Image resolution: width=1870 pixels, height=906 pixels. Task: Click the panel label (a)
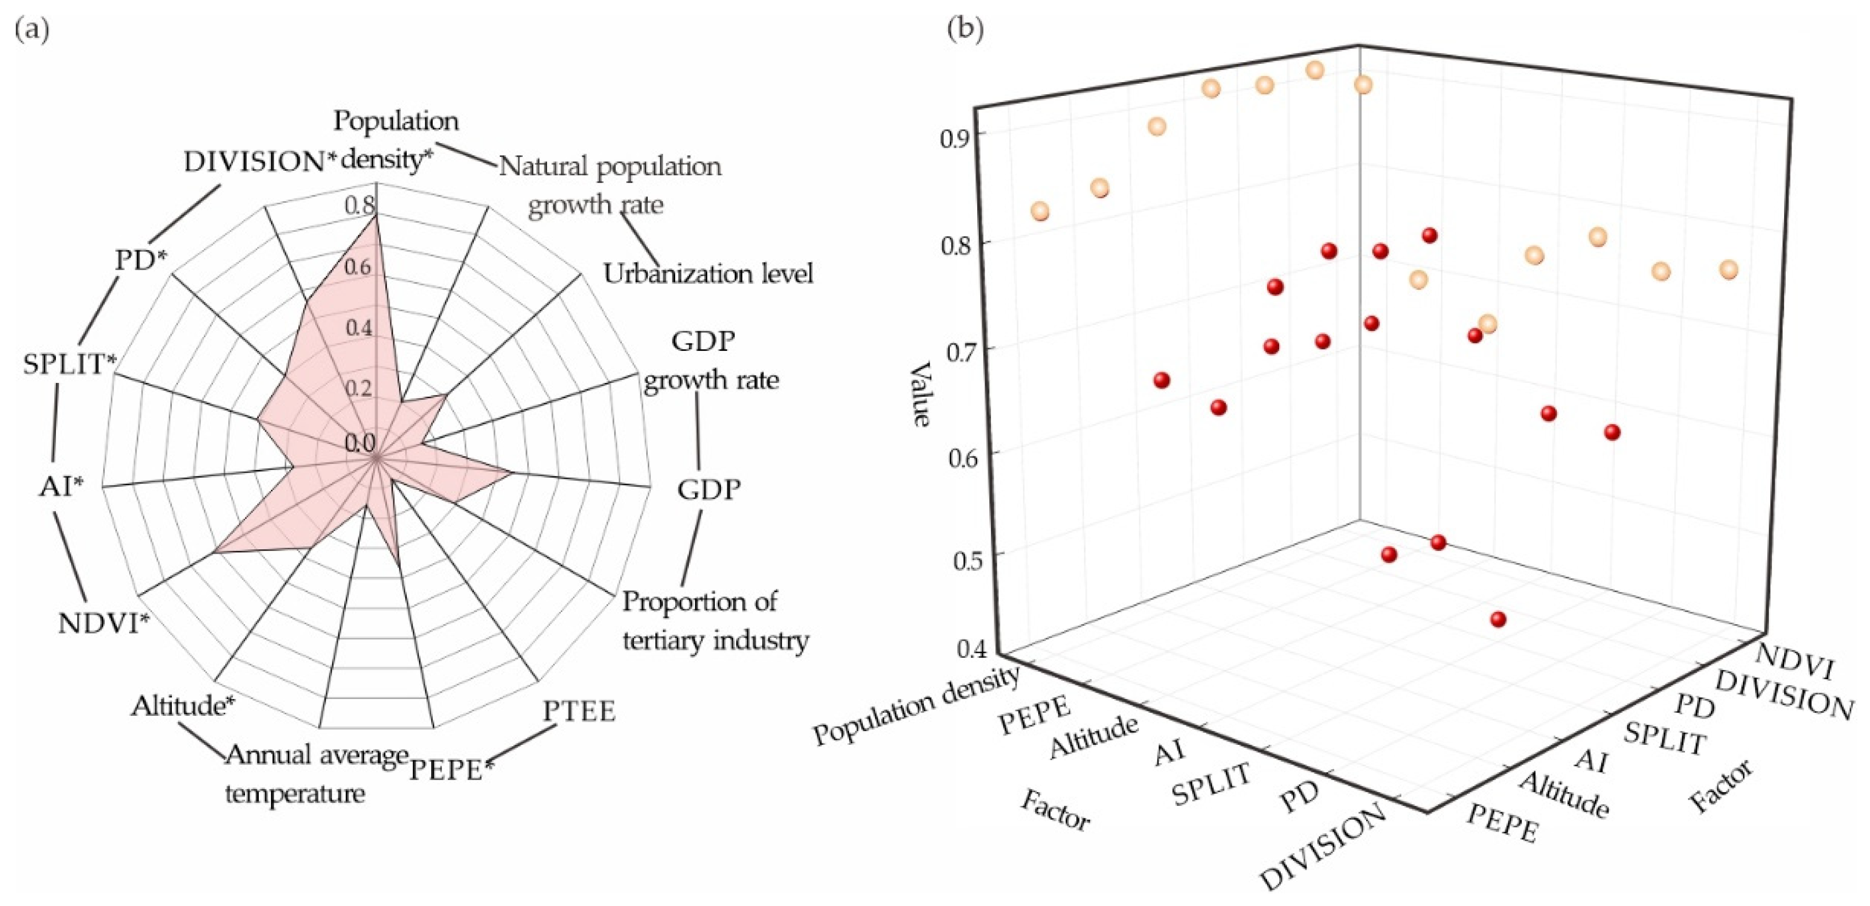(x=32, y=31)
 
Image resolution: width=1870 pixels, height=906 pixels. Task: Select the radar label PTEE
(x=579, y=712)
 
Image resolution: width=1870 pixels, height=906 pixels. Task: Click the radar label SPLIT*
(x=70, y=363)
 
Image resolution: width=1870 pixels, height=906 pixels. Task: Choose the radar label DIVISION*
(x=260, y=162)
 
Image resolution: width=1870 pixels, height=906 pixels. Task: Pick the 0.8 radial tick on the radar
(x=358, y=206)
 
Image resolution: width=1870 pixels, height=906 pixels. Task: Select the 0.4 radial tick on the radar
(x=358, y=328)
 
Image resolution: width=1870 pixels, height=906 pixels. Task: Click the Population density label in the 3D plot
(x=916, y=706)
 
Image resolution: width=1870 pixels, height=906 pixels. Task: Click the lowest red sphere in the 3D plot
(x=1497, y=619)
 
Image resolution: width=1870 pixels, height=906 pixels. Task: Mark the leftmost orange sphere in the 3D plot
(x=1040, y=212)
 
